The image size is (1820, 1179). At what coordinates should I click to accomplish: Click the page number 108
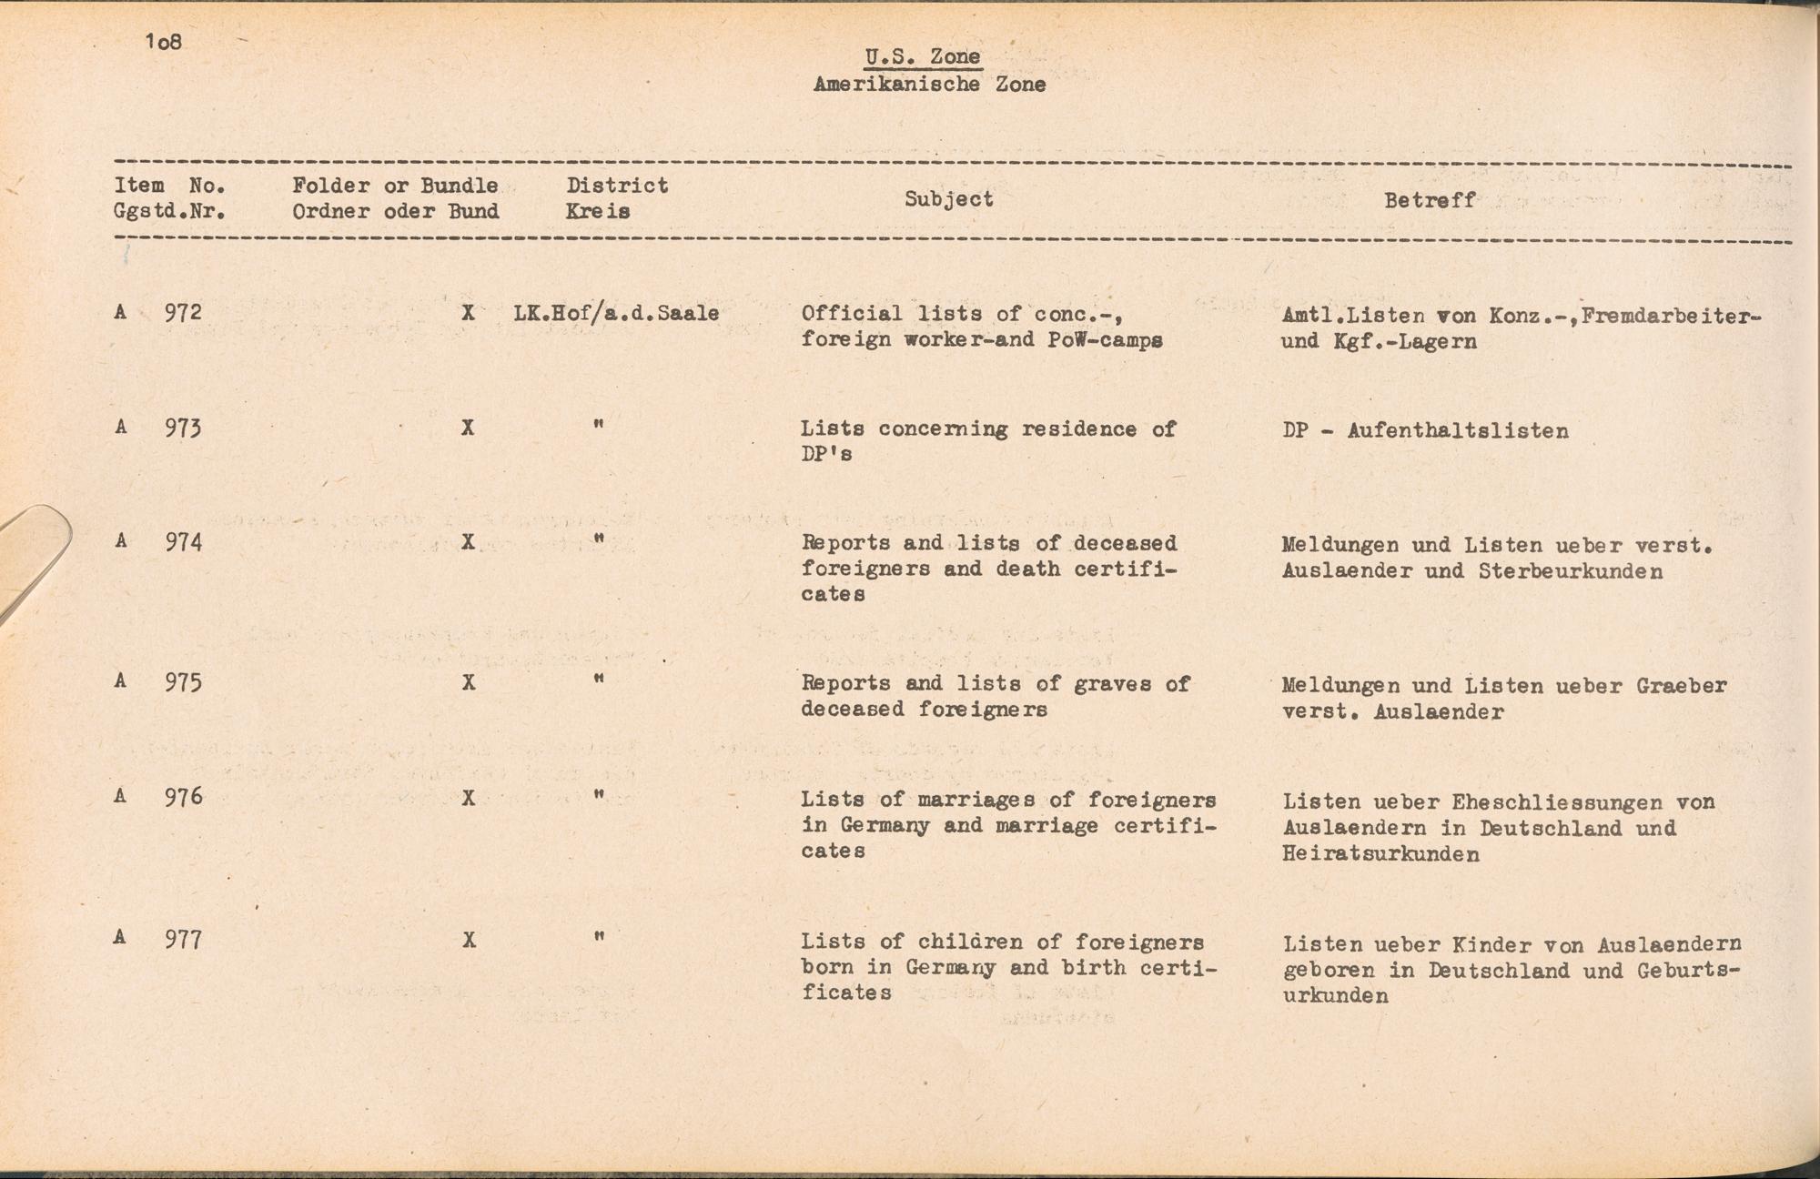pyautogui.click(x=164, y=42)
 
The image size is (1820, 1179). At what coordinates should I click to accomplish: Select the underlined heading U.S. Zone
pyautogui.click(x=923, y=56)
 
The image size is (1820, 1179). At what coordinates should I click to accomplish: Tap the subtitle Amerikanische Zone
pyautogui.click(x=929, y=85)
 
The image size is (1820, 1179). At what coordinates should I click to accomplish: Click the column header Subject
pyautogui.click(x=948, y=199)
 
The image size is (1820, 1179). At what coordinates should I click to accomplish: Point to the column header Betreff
pyautogui.click(x=1430, y=200)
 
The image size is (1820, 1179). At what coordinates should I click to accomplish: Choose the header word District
pyautogui.click(x=617, y=186)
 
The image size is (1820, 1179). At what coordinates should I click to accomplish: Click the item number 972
pyautogui.click(x=183, y=313)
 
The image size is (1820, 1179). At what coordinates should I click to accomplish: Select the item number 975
pyautogui.click(x=183, y=683)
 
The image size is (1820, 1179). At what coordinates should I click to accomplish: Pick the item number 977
pyautogui.click(x=183, y=939)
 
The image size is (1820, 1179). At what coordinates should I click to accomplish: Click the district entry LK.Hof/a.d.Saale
pyautogui.click(x=616, y=314)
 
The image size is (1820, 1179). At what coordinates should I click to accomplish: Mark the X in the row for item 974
pyautogui.click(x=468, y=542)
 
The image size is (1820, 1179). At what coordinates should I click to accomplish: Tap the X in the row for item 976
pyautogui.click(x=468, y=799)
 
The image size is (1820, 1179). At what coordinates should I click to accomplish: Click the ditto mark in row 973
pyautogui.click(x=598, y=425)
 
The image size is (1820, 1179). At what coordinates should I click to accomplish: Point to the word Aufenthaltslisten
pyautogui.click(x=1458, y=431)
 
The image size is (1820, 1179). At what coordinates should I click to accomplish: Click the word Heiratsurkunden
pyautogui.click(x=1380, y=854)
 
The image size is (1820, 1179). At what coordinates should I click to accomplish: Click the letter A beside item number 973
pyautogui.click(x=120, y=427)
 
